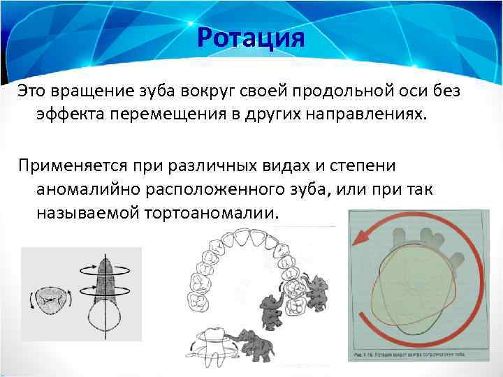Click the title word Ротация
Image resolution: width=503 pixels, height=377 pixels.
coord(251,37)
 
